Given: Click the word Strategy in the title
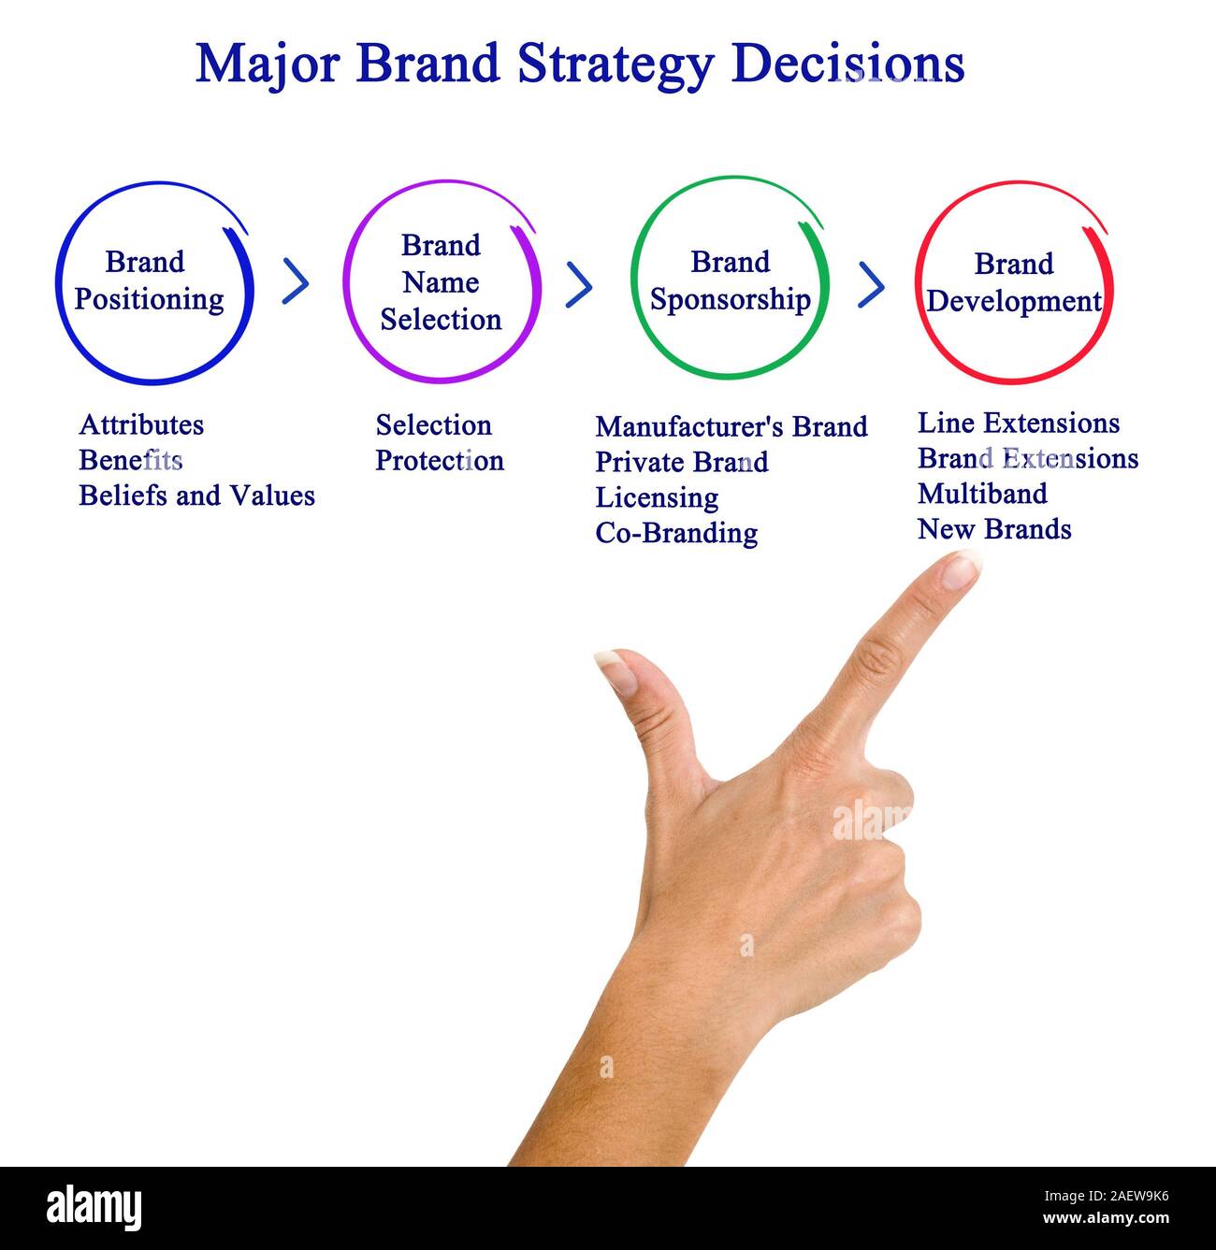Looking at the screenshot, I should point(615,65).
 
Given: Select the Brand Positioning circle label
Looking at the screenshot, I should point(150,280).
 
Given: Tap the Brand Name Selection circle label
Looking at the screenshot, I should point(441,282).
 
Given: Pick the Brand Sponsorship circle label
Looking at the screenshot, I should point(730,280).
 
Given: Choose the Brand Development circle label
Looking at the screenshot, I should point(1014,282).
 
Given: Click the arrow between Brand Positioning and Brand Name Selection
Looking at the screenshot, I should point(296,281).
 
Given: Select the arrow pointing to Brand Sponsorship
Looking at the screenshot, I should point(579,284).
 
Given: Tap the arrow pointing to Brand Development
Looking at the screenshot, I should point(871,285).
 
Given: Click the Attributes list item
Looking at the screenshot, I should point(141,425).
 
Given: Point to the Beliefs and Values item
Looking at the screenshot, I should point(196,496).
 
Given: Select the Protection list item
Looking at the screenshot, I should point(440,461).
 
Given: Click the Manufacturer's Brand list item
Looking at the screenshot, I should point(731,427).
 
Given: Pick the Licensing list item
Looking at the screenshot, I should point(657,497).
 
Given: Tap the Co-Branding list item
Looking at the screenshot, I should point(676,533).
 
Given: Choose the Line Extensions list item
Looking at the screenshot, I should point(1019,424).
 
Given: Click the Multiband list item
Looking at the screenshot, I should point(982,494).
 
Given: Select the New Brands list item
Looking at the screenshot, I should point(994,529).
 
